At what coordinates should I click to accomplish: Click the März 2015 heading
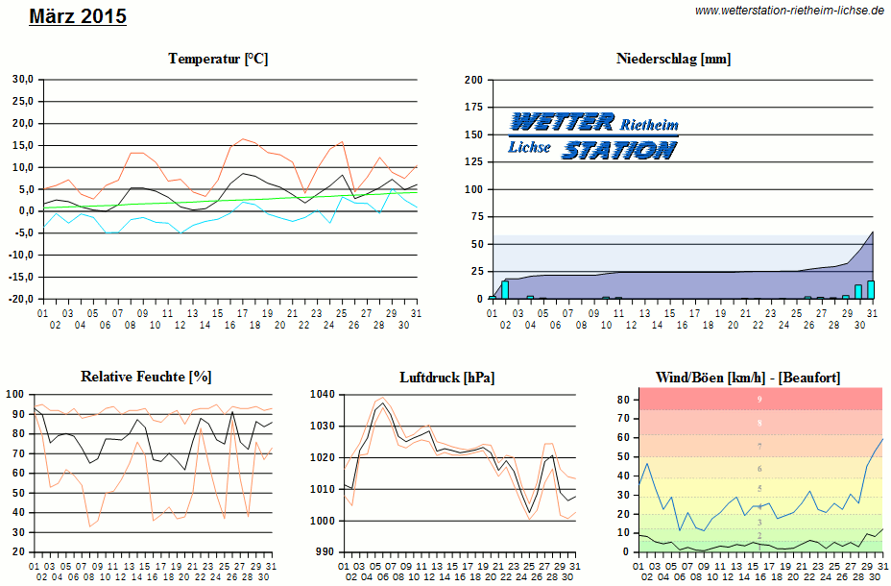[78, 16]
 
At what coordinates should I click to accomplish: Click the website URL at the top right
[789, 10]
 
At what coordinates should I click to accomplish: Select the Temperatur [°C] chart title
[218, 59]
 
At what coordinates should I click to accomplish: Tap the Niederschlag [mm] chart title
[673, 59]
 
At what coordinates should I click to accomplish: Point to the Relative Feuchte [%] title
[146, 377]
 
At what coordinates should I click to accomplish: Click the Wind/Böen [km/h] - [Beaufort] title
[748, 377]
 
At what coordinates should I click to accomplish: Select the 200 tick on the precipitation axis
[473, 80]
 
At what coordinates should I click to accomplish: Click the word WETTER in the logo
[562, 122]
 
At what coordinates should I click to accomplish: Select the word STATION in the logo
[619, 149]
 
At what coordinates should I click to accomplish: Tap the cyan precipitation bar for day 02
[505, 289]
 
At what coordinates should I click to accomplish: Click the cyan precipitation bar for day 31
[871, 289]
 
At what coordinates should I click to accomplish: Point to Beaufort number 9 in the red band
[759, 399]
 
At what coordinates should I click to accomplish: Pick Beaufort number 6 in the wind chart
[759, 469]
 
